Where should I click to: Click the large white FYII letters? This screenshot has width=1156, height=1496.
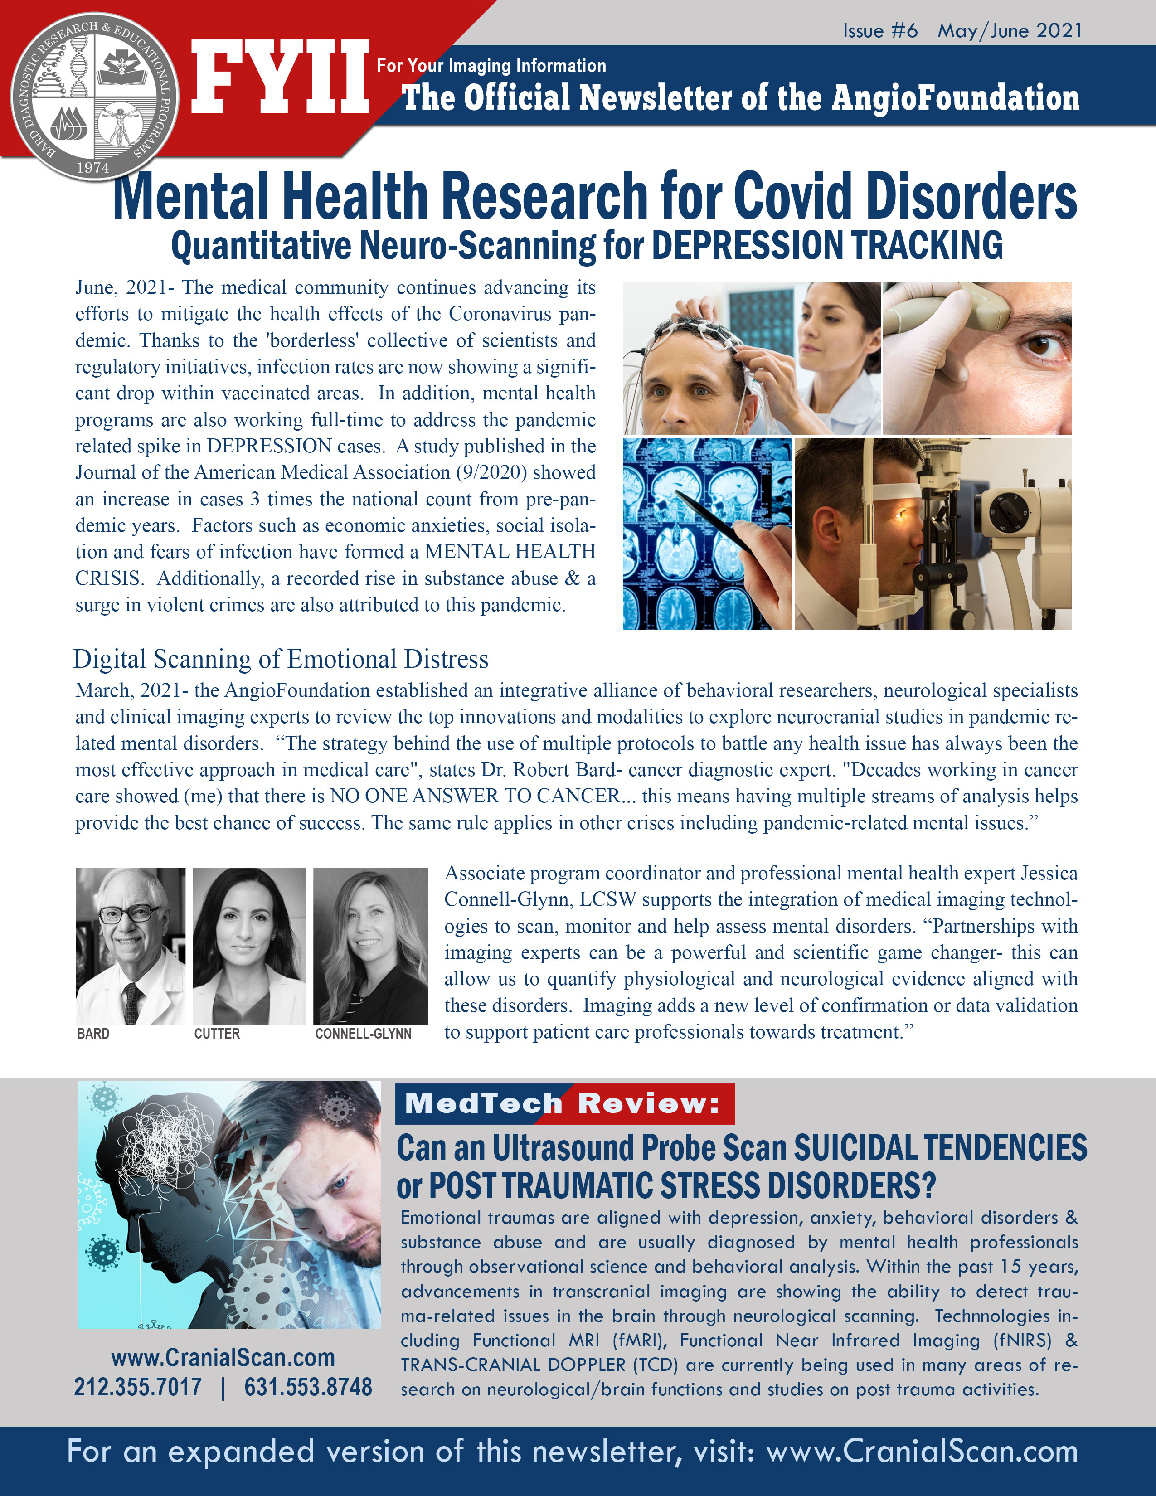[279, 77]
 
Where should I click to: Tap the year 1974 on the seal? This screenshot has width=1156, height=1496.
[93, 168]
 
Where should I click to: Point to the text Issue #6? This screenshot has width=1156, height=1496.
[880, 31]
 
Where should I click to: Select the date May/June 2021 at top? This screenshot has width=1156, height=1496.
[1010, 31]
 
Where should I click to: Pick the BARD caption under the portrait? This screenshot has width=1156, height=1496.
[93, 1034]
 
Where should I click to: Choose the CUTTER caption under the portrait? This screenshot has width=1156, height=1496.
[217, 1034]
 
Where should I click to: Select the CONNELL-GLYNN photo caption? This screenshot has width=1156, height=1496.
[363, 1034]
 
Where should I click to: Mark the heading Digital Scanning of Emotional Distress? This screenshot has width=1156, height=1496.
[281, 659]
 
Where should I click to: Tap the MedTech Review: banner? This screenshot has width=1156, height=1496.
[564, 1103]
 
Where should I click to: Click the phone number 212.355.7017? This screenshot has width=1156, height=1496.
[138, 1387]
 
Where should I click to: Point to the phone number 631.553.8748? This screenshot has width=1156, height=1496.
[308, 1387]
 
